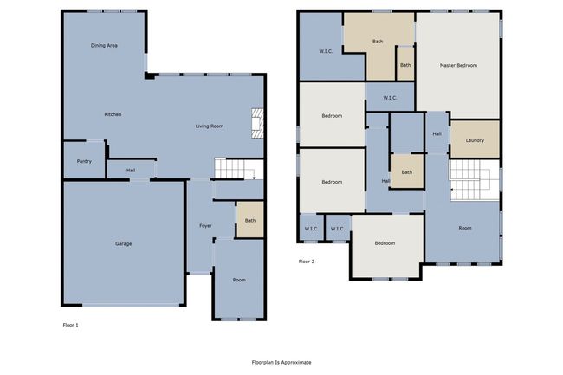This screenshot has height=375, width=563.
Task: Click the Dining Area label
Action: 104,46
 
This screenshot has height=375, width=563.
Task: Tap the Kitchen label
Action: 113,114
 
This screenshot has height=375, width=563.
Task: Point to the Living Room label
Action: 210,126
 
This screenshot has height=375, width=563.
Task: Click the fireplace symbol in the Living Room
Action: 257,123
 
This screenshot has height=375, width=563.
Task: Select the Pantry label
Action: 84,161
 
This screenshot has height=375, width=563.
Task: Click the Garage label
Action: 124,243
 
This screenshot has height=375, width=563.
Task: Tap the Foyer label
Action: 205,226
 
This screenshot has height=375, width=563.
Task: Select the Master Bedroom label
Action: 458,65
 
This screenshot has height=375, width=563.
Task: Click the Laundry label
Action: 475,140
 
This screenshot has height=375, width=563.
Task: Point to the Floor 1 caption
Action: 70,325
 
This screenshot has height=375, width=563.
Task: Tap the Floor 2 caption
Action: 307,262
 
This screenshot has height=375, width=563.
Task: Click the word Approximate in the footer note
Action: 296,362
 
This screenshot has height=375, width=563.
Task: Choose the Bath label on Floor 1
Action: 250,221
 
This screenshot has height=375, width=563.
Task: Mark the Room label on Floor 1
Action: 239,280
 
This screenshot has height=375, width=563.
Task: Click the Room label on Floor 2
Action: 465,228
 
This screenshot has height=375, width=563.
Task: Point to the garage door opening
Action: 132,306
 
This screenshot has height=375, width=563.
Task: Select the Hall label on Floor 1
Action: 131,171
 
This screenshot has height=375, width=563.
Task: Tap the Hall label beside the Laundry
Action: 437,134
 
